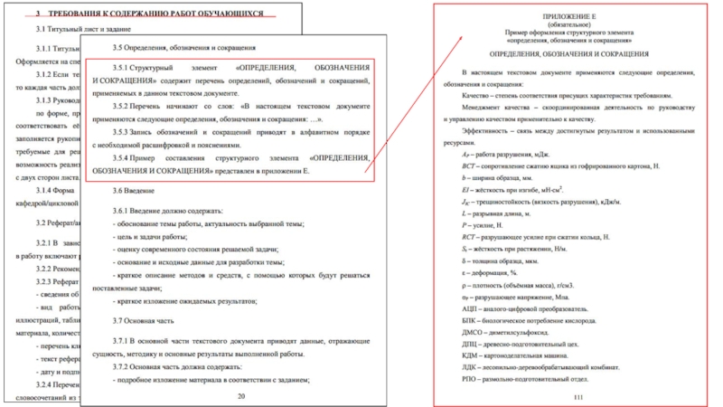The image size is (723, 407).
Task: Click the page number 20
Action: coord(240,396)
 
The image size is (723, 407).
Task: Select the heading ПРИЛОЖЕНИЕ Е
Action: coord(568,16)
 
